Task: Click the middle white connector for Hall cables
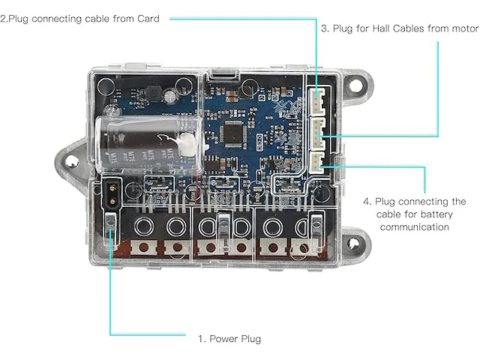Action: click(x=320, y=130)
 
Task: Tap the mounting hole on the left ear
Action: click(x=72, y=160)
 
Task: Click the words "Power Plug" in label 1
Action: click(x=235, y=339)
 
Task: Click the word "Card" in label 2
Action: click(x=145, y=18)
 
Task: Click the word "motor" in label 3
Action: click(x=463, y=29)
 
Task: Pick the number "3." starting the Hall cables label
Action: click(x=325, y=29)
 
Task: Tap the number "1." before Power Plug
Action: click(x=202, y=339)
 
